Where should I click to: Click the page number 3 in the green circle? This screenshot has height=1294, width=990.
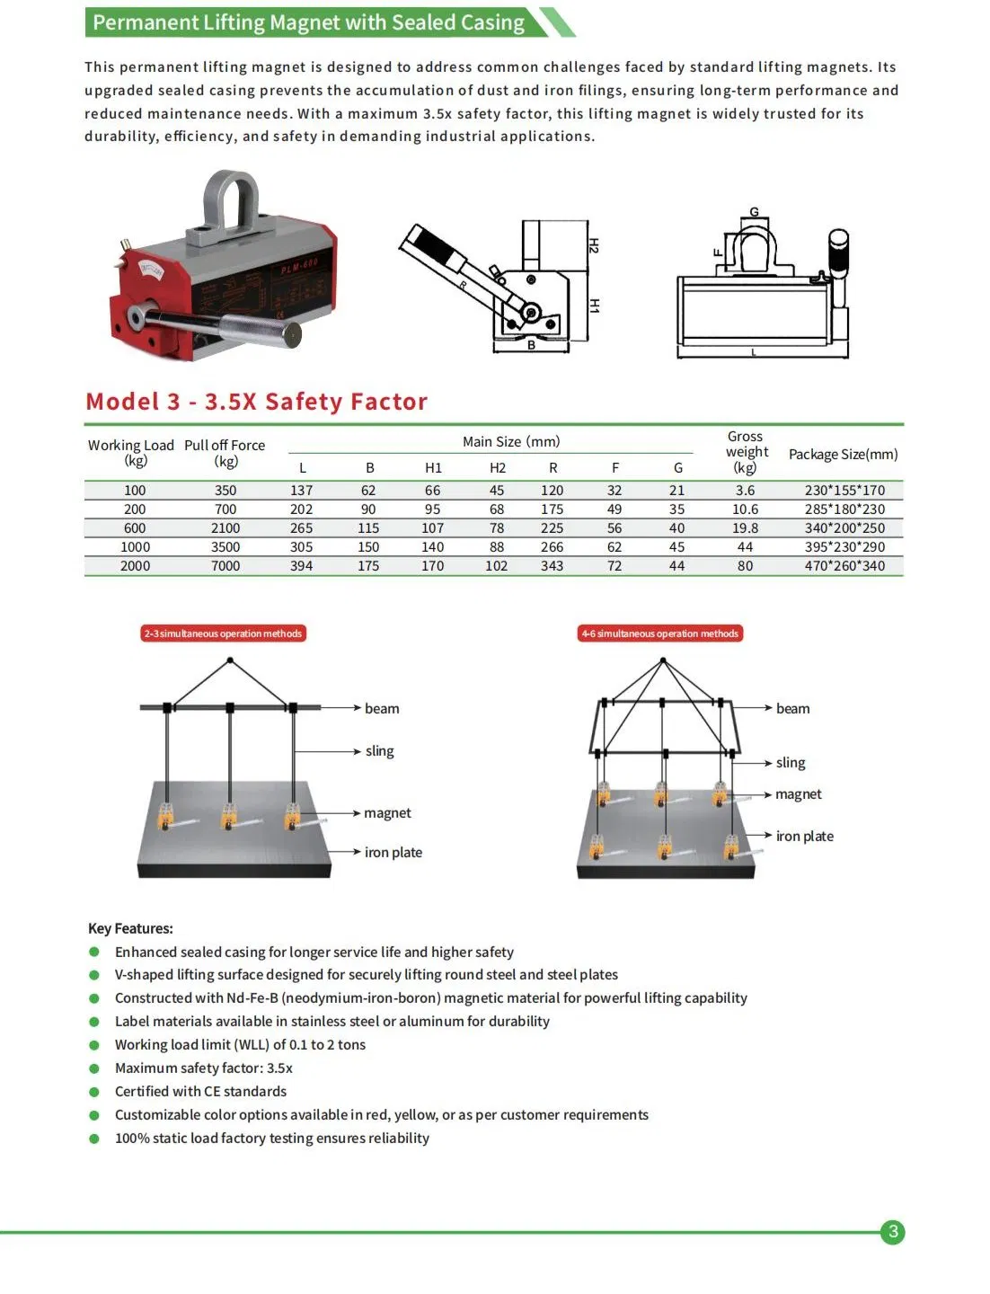coord(892,1232)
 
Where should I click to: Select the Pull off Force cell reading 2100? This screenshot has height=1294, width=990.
coord(225,528)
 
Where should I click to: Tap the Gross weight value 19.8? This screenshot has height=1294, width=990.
coord(745,528)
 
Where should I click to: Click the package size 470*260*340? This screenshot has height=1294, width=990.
coord(844,566)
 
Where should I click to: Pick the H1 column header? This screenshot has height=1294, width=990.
coord(433,468)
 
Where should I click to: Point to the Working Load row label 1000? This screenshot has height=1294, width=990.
coord(135,547)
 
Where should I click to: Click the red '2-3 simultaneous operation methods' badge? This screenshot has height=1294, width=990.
coord(223,634)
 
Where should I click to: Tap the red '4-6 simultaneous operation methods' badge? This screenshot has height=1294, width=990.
coord(660,634)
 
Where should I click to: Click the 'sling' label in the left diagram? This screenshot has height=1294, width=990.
coord(379,751)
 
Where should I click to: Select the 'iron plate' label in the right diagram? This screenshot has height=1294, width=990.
coord(804,837)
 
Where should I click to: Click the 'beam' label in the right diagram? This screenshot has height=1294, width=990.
coord(792,709)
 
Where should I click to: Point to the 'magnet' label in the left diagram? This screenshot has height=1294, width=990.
coord(387,813)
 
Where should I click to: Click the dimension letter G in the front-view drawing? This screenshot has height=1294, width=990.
coord(754,213)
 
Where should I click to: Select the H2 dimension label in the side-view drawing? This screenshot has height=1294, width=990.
coord(594,245)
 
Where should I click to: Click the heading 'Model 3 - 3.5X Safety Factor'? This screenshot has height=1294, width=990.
coord(257,402)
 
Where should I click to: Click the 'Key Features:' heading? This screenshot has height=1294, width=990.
coord(130,928)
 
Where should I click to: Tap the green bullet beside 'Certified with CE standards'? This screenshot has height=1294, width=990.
coord(94,1092)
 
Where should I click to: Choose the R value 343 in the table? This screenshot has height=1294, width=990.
coord(552,566)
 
